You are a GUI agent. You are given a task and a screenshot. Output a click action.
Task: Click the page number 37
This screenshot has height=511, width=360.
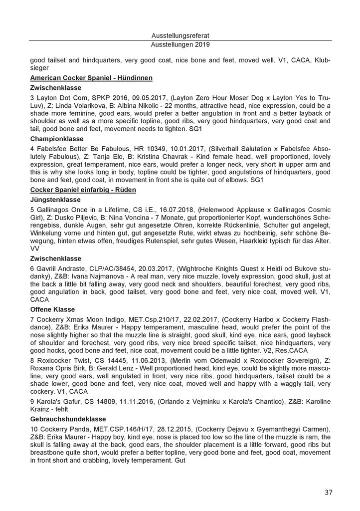[x=328, y=492]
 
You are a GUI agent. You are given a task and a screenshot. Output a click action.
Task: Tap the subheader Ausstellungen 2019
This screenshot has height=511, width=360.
[x=180, y=44]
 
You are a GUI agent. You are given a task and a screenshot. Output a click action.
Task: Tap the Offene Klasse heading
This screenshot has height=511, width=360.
[x=52, y=309]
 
